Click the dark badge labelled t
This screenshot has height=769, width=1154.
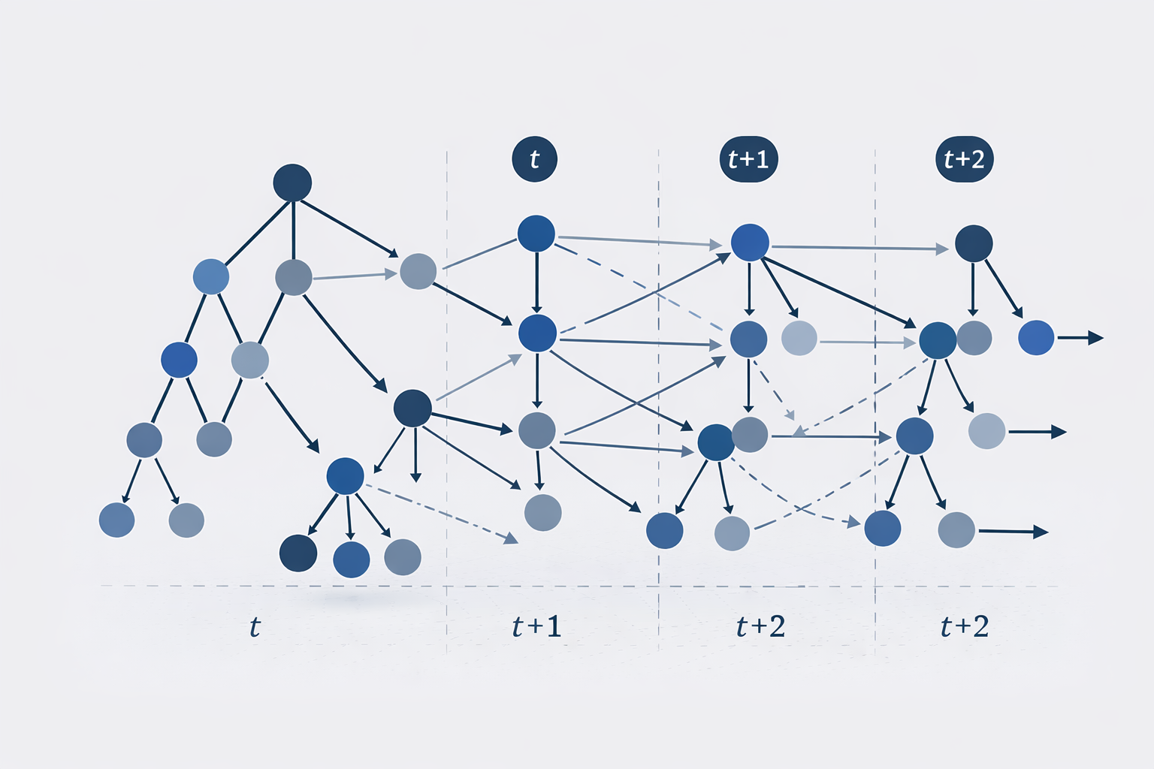[x=534, y=159]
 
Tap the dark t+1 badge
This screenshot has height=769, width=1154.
[x=748, y=159]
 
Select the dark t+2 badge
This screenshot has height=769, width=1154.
[x=964, y=159]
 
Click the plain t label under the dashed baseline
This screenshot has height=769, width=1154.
[x=255, y=626]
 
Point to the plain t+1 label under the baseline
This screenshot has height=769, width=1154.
[x=536, y=626]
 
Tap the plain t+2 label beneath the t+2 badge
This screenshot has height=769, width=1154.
[x=965, y=626]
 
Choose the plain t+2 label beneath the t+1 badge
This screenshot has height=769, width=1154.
[x=760, y=626]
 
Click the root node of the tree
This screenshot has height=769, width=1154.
[x=292, y=182]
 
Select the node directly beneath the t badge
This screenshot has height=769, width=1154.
[x=536, y=234]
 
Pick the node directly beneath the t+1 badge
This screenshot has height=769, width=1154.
[x=750, y=242]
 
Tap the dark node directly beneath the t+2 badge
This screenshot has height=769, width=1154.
[x=974, y=243]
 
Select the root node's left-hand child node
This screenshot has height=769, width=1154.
[x=211, y=277]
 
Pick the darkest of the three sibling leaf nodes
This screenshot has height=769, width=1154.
[x=298, y=553]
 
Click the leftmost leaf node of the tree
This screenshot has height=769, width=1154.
[x=117, y=520]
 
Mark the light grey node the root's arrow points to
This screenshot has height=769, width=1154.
[x=418, y=271]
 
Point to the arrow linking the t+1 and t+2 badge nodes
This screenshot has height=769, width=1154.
[x=856, y=248]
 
